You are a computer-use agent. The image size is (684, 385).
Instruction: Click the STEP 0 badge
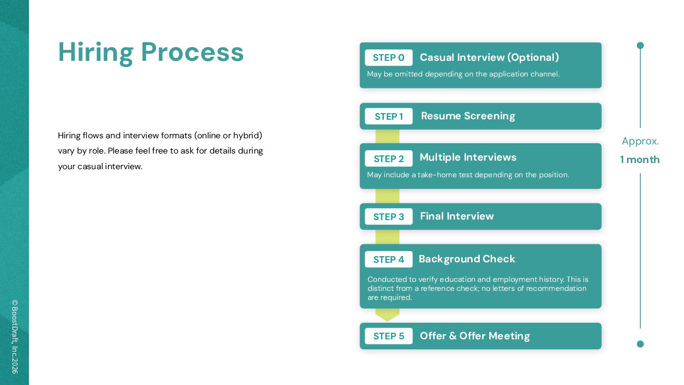click(x=389, y=58)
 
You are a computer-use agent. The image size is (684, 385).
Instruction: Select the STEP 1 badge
click(x=389, y=116)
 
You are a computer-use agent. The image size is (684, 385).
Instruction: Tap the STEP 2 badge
click(x=389, y=158)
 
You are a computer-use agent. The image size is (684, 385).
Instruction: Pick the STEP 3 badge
click(x=389, y=216)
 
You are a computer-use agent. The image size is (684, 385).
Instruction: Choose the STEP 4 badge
click(x=389, y=259)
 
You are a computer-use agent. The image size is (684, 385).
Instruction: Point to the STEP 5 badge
click(x=389, y=336)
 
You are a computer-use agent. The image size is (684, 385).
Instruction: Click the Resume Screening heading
click(x=468, y=116)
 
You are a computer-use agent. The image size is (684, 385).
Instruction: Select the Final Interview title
click(x=457, y=216)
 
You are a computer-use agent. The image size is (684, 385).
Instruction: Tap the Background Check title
click(x=467, y=259)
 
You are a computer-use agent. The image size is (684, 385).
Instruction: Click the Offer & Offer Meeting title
click(x=475, y=336)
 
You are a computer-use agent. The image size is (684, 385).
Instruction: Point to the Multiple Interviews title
click(x=468, y=157)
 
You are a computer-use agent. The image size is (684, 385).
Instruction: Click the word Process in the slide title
click(x=192, y=52)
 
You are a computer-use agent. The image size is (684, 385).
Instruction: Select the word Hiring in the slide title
click(x=96, y=53)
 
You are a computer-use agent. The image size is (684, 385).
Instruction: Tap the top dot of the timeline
click(x=640, y=46)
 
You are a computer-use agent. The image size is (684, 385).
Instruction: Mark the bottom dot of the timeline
click(x=640, y=344)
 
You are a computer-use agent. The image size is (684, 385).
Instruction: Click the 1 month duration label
click(x=640, y=160)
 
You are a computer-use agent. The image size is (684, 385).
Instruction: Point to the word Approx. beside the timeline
click(x=640, y=141)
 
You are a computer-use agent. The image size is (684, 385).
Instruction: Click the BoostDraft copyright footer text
click(x=15, y=337)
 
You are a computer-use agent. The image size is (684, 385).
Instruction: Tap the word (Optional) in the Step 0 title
click(x=533, y=58)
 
